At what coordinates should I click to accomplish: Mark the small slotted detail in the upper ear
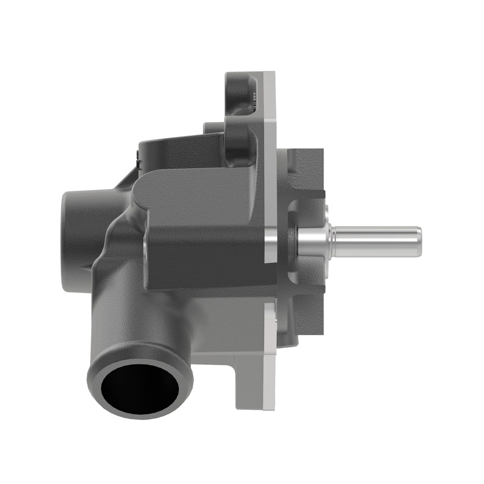(x=255, y=100)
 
